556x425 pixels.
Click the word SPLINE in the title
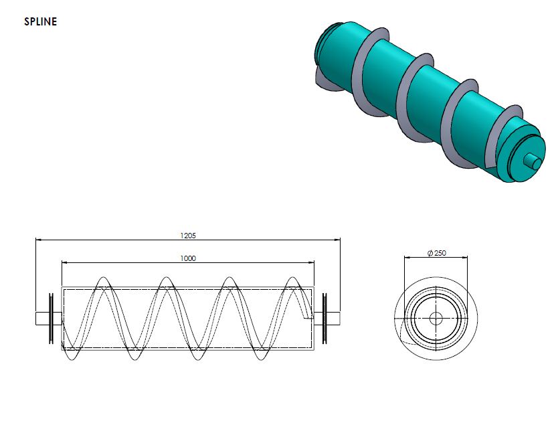41,21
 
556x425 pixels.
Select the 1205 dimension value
188,236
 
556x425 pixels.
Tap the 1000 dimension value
188,258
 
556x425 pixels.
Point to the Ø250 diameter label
436,253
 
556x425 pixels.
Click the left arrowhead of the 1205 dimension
38,239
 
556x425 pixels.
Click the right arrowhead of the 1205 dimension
338,239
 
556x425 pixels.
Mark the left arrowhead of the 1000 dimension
64,262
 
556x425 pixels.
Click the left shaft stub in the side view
42,318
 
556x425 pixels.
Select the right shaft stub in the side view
333,318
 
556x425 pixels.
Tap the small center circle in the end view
436,318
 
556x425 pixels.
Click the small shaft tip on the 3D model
534,161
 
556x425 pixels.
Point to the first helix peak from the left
102,278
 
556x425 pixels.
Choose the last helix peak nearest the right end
292,278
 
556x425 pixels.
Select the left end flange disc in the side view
52,318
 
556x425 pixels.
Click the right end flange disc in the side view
324,318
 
